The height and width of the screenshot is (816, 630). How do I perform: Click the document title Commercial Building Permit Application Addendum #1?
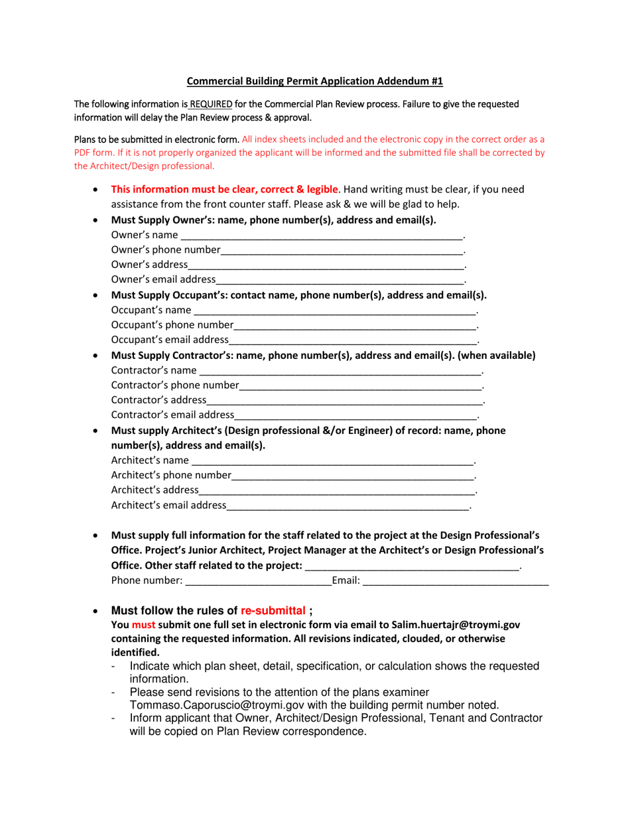pos(314,82)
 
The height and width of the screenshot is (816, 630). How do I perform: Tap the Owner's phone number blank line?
pos(342,250)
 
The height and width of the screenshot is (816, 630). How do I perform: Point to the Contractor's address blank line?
pos(345,400)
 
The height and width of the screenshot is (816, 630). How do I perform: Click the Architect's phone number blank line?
pos(353,475)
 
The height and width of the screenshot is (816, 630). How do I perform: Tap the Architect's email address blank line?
pos(347,506)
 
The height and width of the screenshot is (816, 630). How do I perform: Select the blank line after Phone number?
pos(258,581)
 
